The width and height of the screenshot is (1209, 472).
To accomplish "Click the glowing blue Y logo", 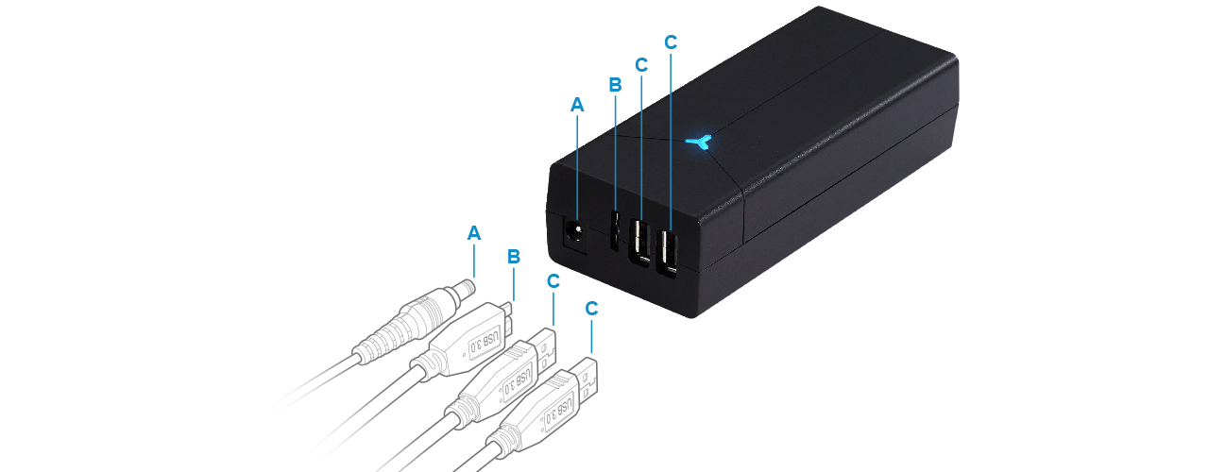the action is (701, 143).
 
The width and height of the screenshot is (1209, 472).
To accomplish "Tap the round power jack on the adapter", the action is (575, 234).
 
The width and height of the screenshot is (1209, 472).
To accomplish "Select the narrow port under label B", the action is (614, 230).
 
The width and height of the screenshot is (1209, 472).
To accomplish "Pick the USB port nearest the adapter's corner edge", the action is (668, 253).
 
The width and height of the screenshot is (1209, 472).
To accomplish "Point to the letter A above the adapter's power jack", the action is (577, 105).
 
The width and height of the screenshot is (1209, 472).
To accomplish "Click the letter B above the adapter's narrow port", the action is (615, 85).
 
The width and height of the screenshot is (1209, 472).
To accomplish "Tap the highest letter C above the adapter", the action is (671, 42).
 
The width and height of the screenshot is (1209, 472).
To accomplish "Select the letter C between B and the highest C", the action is (640, 65).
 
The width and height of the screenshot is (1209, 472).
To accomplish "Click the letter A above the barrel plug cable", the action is (473, 233).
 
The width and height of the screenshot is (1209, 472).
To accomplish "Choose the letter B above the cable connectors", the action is (513, 257).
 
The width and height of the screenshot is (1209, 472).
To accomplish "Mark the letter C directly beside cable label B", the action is (553, 281).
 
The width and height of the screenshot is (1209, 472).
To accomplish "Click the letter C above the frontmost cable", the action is (591, 309).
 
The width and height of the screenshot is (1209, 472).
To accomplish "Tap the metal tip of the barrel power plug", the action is (466, 290).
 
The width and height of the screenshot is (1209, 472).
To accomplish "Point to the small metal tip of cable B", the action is (508, 315).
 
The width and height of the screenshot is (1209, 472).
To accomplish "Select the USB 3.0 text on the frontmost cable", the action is (558, 412).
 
